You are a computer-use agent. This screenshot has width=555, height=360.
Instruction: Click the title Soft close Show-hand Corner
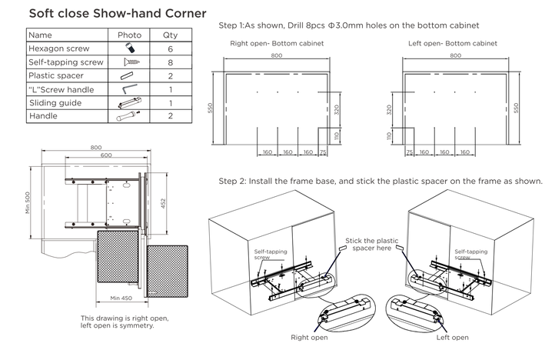click(x=118, y=14)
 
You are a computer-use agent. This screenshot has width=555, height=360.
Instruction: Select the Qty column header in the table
click(x=170, y=35)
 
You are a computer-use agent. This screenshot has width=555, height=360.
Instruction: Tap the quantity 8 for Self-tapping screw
click(x=170, y=62)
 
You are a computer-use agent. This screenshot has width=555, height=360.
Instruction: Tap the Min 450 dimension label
click(x=122, y=298)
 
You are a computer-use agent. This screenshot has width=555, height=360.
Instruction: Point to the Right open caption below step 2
click(x=309, y=337)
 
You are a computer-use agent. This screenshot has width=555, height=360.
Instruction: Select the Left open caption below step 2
click(x=452, y=337)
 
